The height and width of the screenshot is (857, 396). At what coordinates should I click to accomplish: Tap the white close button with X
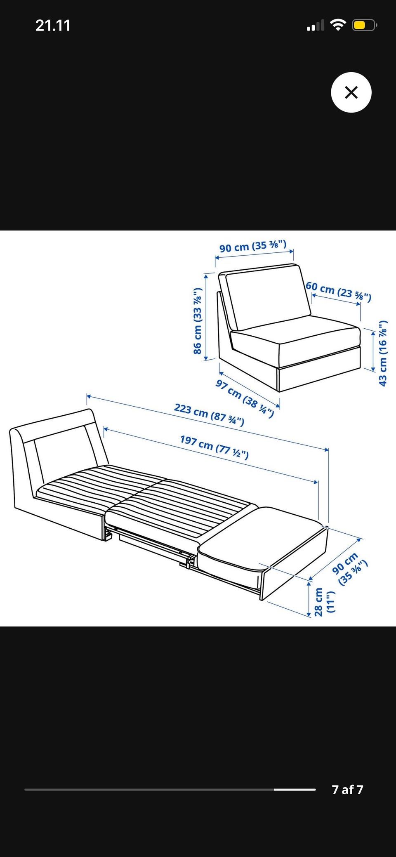tap(351, 92)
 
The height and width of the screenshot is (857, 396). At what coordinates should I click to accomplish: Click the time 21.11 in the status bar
tap(53, 26)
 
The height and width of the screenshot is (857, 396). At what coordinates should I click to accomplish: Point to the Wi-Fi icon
tap(338, 26)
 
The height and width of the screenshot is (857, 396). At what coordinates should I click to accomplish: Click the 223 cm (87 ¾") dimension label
tap(209, 414)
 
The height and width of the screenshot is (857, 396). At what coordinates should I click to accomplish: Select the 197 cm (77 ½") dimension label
tap(214, 447)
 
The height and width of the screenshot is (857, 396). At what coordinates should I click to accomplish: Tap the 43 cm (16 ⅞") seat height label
tap(383, 353)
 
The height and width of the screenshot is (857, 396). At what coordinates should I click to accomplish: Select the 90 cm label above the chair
tap(252, 246)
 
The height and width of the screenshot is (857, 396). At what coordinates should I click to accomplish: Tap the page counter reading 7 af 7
tap(347, 789)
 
